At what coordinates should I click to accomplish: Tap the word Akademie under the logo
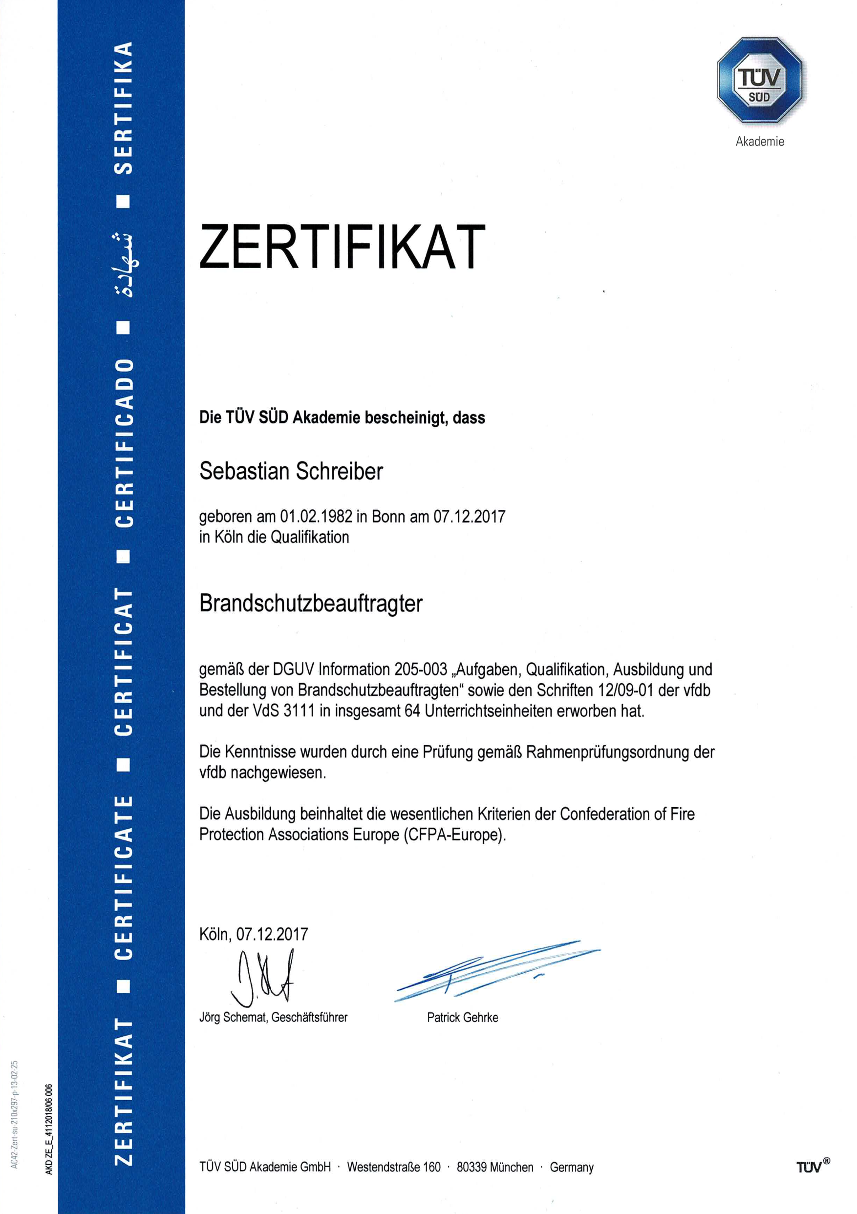click(760, 141)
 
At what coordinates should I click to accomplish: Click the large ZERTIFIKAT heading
click(343, 247)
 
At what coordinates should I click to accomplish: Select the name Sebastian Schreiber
click(291, 471)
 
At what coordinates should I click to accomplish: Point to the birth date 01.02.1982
click(316, 516)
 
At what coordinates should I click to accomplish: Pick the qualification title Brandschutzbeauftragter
click(311, 603)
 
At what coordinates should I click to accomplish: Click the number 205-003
click(421, 670)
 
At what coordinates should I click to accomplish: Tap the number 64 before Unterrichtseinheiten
click(412, 711)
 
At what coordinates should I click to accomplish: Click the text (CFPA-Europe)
click(454, 835)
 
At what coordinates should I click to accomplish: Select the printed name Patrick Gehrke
click(462, 1017)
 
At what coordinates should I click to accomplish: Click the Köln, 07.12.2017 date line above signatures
click(254, 934)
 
